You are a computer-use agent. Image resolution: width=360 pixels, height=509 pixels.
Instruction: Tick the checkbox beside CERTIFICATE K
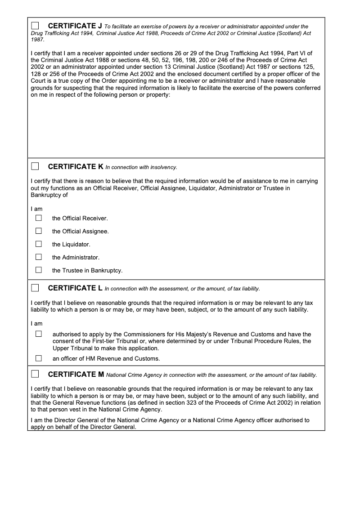pyautogui.click(x=35, y=166)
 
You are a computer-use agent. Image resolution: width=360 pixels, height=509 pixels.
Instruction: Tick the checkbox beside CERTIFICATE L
pyautogui.click(x=35, y=287)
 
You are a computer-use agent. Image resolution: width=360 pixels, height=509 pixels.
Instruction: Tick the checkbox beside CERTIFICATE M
pyautogui.click(x=35, y=374)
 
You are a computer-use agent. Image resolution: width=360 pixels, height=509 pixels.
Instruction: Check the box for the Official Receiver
pyautogui.click(x=39, y=218)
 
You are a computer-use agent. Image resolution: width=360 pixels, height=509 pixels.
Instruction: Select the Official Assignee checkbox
pyautogui.click(x=39, y=231)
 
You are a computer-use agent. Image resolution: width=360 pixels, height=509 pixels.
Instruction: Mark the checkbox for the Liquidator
pyautogui.click(x=39, y=244)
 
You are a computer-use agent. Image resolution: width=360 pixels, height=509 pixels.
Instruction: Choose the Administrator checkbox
pyautogui.click(x=39, y=257)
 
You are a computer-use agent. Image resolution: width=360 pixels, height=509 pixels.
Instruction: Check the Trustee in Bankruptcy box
pyautogui.click(x=39, y=270)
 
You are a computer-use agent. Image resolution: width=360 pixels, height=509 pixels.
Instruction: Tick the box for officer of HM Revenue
pyautogui.click(x=39, y=358)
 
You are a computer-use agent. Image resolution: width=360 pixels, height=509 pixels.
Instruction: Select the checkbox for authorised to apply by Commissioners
pyautogui.click(x=39, y=334)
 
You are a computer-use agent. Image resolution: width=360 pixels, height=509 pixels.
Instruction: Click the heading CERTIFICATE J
pyautogui.click(x=75, y=26)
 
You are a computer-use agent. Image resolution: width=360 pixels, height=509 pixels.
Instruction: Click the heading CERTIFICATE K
pyautogui.click(x=76, y=167)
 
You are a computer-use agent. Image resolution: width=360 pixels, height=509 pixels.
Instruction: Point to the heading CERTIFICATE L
pyautogui.click(x=75, y=288)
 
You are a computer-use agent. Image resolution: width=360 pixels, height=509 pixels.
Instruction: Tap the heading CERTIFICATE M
pyautogui.click(x=76, y=374)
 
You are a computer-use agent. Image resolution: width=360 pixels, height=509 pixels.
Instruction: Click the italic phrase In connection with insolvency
pyautogui.click(x=141, y=167)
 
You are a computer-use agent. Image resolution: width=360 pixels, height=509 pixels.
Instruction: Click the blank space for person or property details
pyautogui.click(x=175, y=128)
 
